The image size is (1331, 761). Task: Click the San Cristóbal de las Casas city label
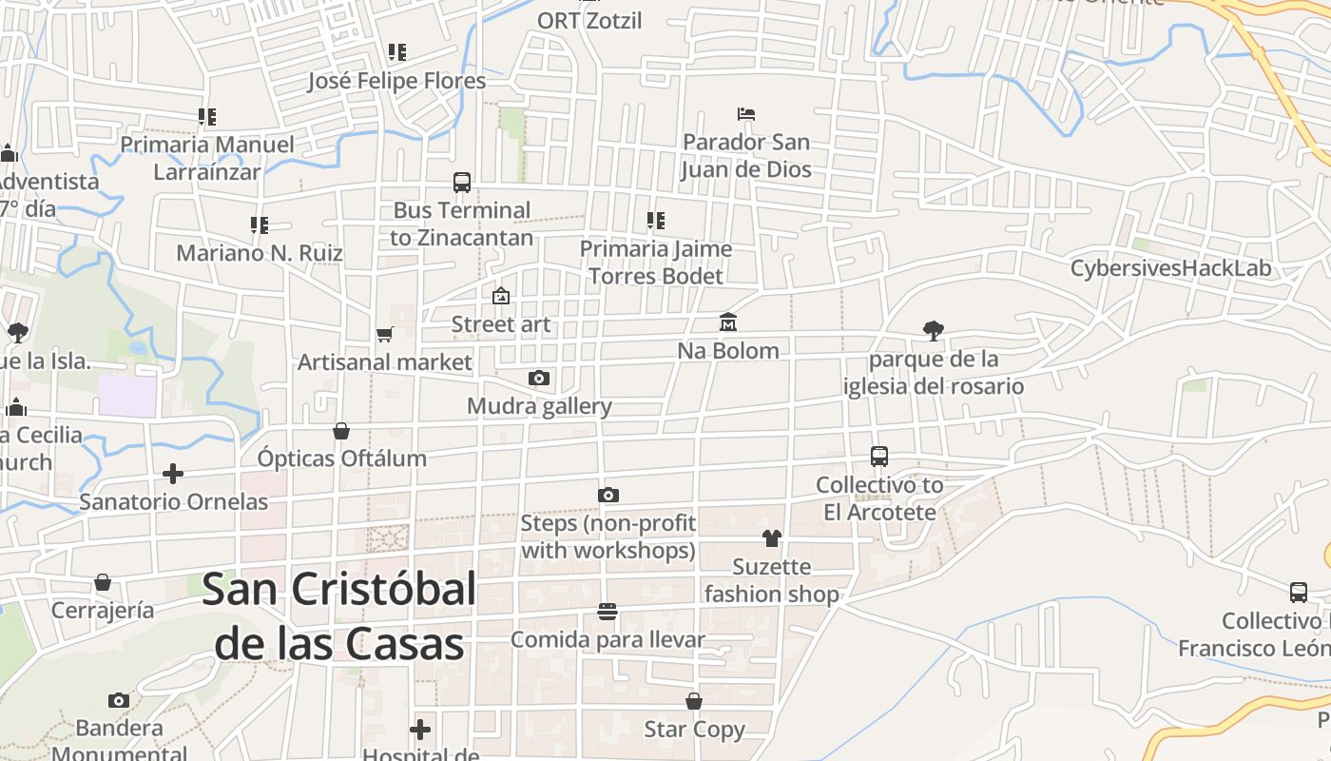click(x=338, y=616)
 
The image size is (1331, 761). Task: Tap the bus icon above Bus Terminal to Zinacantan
click(x=462, y=182)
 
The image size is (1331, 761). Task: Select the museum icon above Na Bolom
click(x=728, y=322)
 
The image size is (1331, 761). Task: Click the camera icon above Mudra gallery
click(x=539, y=379)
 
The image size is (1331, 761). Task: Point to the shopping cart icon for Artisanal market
click(x=384, y=334)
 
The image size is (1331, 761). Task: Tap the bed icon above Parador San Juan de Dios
click(x=746, y=114)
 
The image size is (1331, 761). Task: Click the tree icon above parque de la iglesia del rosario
click(x=934, y=331)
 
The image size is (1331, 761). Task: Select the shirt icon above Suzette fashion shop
click(x=771, y=538)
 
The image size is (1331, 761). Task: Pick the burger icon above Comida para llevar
click(x=608, y=611)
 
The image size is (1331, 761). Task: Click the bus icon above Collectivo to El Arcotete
click(x=879, y=457)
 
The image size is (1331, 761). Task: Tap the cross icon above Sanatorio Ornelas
click(x=173, y=473)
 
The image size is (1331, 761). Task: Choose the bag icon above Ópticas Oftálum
click(x=341, y=431)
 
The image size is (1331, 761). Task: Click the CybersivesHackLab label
click(x=1170, y=268)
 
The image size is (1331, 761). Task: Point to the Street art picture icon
click(x=501, y=296)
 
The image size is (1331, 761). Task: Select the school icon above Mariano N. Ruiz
click(x=259, y=225)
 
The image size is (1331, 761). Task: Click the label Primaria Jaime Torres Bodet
click(x=656, y=263)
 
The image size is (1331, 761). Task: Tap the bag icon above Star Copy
click(x=694, y=701)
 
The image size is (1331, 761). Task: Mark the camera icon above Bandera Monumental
click(x=119, y=701)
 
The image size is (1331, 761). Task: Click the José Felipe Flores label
click(x=396, y=81)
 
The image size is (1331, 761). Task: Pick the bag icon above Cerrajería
click(x=103, y=582)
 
